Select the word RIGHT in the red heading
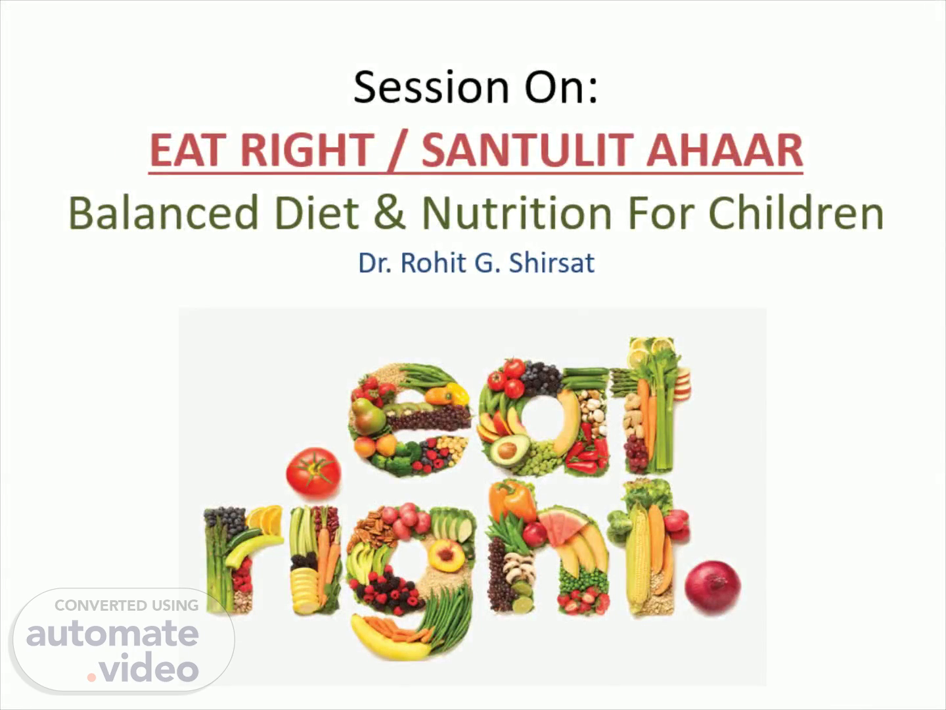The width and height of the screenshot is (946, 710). (x=307, y=150)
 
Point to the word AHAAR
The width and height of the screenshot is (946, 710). (x=725, y=150)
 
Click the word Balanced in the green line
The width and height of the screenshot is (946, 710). (x=164, y=213)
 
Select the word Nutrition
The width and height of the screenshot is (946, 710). (x=517, y=213)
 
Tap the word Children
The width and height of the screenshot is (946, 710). (x=796, y=213)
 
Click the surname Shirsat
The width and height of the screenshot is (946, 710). (x=552, y=262)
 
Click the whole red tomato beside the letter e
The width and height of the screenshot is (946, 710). (x=313, y=471)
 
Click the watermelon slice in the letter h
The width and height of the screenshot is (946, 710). (x=562, y=525)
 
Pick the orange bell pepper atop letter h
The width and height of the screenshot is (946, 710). (x=512, y=501)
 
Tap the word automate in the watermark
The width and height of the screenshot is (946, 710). (x=113, y=634)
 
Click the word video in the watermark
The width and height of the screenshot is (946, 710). (x=148, y=667)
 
